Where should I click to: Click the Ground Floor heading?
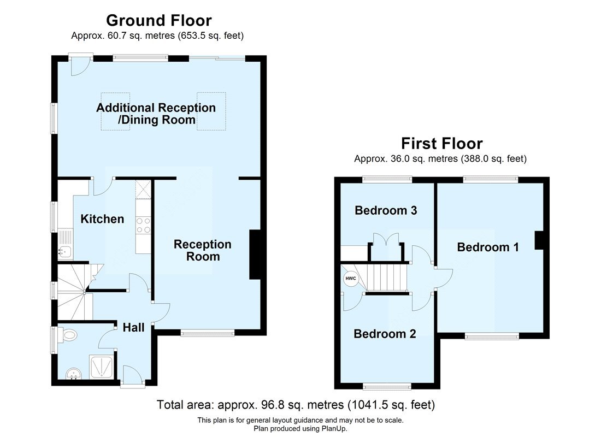click(158, 21)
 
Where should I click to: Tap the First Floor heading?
click(441, 144)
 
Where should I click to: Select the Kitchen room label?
click(102, 219)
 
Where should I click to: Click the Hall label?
click(133, 327)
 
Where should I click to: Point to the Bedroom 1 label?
click(488, 247)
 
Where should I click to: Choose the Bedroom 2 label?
click(385, 334)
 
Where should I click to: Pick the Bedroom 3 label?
click(386, 210)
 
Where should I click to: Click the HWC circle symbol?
click(350, 279)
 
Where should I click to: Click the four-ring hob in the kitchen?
click(143, 225)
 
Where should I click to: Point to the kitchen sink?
click(64, 251)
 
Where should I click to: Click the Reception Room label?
click(203, 250)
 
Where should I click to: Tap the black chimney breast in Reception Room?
click(255, 255)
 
